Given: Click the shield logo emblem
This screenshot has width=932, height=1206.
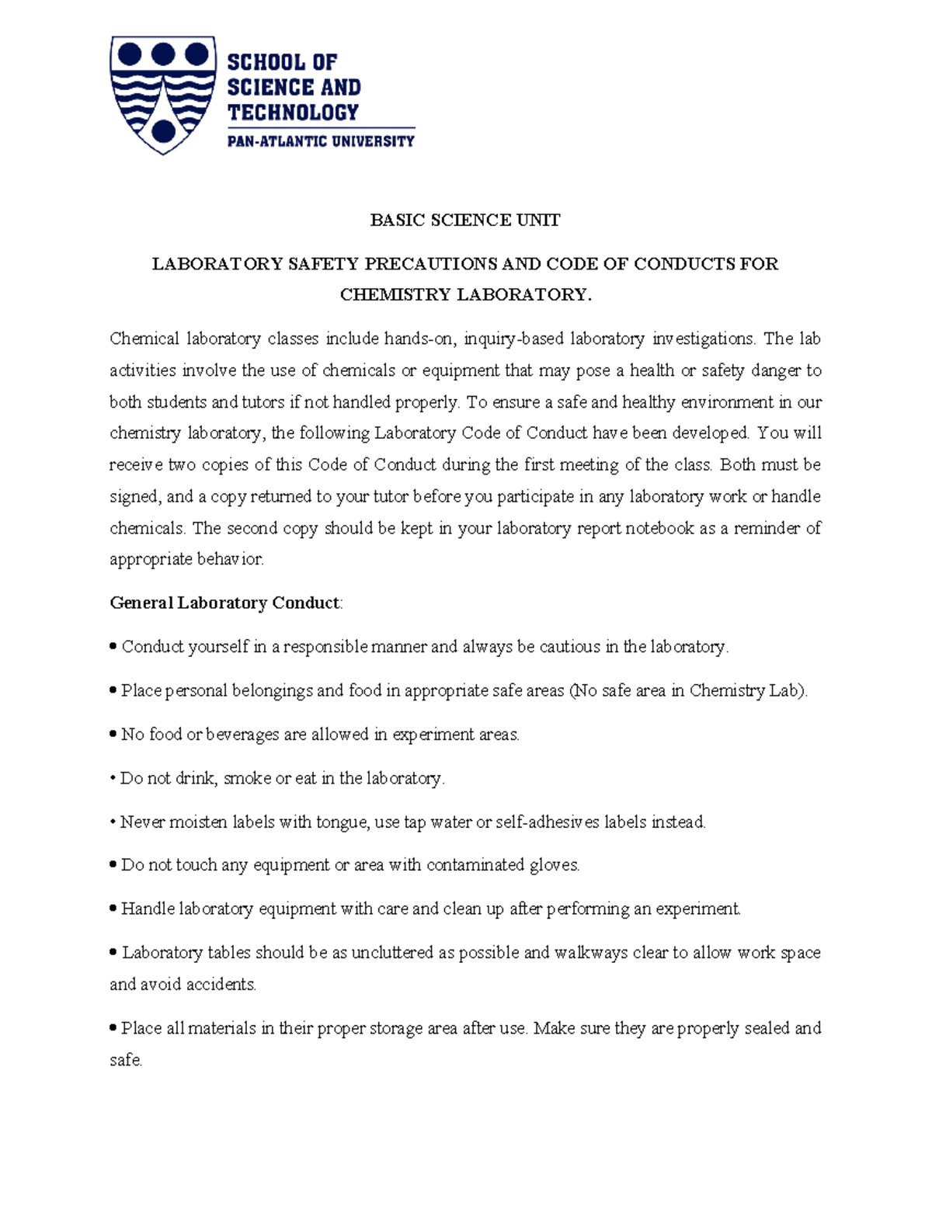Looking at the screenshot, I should (162, 93).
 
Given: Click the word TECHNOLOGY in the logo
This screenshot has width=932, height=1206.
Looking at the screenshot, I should (293, 113).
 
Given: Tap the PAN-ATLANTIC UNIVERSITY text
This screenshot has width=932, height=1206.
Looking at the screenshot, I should (321, 141).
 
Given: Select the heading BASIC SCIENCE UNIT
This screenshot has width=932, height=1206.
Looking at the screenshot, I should (464, 221).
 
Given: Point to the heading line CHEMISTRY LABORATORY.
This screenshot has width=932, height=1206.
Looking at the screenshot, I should (465, 295).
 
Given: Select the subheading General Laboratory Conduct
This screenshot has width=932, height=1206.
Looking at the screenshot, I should (225, 603).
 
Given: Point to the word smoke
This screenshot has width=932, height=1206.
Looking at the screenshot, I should (247, 778).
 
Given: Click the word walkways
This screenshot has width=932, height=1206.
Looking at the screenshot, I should (590, 953).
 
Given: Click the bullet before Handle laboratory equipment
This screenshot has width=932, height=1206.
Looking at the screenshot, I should (114, 908).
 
